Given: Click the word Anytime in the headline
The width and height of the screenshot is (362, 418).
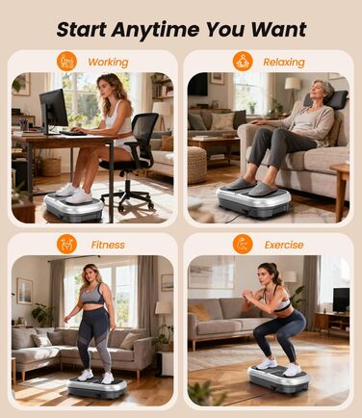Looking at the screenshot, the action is tap(155, 30).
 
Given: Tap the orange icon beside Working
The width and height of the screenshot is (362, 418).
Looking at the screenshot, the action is tap(66, 62).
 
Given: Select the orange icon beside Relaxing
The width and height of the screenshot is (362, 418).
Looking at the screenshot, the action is tap(243, 62).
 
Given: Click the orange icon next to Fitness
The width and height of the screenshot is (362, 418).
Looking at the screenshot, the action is tap(66, 244).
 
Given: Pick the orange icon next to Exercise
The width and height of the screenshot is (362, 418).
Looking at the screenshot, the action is tap(243, 244).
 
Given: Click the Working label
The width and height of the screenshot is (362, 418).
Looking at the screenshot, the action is tap(108, 63).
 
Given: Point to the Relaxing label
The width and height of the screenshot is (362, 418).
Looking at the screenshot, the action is tap(284, 63).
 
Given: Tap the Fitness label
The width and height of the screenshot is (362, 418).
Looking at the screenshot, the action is tap(108, 245).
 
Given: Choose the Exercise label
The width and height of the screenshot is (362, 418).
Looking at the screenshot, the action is tap(284, 245).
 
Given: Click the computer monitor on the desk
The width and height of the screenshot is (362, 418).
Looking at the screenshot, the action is tap(53, 109).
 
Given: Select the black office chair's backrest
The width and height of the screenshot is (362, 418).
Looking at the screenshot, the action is tap(144, 129).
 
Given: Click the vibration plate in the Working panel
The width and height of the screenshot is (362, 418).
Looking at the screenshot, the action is tap(74, 207).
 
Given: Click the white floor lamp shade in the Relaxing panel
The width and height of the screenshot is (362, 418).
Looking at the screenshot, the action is tap(293, 84).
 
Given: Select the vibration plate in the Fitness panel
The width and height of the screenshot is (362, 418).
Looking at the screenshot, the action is tap(97, 387).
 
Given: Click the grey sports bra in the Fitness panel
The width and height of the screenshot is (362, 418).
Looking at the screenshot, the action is tap(93, 296).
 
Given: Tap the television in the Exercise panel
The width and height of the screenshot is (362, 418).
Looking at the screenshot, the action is tap(341, 300).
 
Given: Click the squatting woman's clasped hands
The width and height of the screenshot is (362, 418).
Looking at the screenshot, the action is tap(247, 295).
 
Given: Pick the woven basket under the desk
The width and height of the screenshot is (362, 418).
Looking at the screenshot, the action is tap(51, 167).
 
